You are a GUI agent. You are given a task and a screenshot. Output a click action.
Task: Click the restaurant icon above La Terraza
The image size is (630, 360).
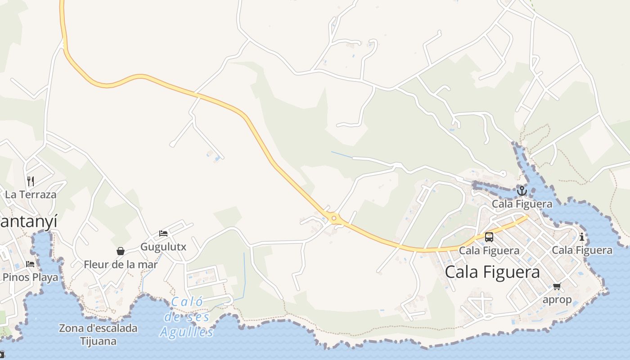click(x=31, y=181)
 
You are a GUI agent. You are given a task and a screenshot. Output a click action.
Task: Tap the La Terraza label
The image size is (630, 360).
click(x=31, y=195)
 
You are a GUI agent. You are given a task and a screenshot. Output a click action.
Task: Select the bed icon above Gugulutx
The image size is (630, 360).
click(x=163, y=234)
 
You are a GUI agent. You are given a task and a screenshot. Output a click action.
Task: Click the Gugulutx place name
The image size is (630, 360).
click(x=163, y=247)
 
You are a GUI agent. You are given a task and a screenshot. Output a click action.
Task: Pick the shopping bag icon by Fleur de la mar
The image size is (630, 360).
click(x=121, y=251)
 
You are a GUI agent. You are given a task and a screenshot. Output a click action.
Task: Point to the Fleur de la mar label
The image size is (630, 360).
click(x=121, y=265)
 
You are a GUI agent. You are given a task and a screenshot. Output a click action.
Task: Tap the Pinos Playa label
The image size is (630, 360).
click(x=31, y=277)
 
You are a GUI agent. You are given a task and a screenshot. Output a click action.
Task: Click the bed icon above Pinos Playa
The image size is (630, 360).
click(x=30, y=264)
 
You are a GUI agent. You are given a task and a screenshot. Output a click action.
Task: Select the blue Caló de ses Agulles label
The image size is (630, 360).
click(x=187, y=317)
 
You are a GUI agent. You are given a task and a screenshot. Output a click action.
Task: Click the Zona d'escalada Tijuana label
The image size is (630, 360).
click(x=98, y=334)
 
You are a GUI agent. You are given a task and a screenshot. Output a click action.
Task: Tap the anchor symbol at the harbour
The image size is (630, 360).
click(x=522, y=191)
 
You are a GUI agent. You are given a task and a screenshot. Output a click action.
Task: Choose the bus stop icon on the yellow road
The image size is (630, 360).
click(x=489, y=237)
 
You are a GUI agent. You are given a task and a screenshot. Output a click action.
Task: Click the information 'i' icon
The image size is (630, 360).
click(x=582, y=237)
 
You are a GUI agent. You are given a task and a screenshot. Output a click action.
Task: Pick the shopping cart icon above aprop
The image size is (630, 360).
click(x=557, y=286)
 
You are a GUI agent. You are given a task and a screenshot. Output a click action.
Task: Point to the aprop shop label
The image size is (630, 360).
click(x=557, y=300)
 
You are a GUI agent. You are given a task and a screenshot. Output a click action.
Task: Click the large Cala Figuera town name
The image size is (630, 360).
click(x=492, y=272)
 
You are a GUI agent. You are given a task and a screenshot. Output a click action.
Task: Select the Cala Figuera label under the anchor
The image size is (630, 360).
click(x=522, y=204)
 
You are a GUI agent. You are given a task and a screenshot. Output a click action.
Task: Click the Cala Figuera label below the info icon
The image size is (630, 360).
click(x=582, y=250)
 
